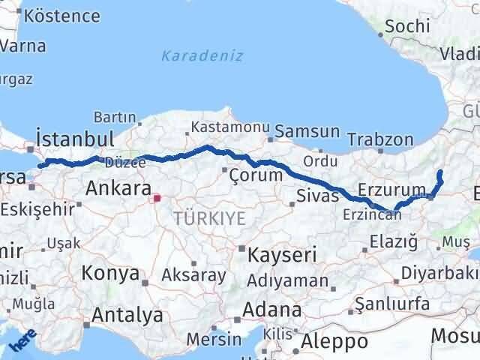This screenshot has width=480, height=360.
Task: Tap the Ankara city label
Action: pos(118,187)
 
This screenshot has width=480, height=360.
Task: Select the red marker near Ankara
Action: pos(156,199)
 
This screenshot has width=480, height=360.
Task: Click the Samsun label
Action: pos(307,131)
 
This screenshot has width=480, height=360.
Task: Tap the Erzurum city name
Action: pos(392,189)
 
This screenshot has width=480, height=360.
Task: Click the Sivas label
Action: pos(313,197)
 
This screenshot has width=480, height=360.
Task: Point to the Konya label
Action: pos(110,273)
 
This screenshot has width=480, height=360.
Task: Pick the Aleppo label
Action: pos(334,342)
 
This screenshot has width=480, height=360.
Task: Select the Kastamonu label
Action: pos(223,126)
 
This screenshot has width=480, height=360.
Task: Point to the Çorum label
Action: pos(256,175)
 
